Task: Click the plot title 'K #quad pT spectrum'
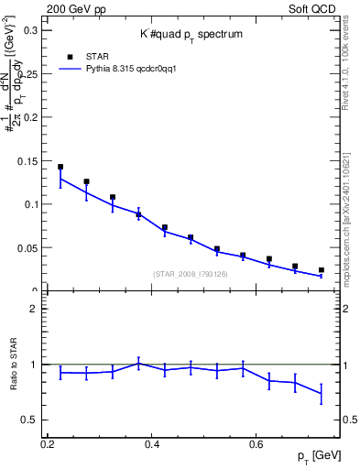191,34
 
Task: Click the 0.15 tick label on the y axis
27,161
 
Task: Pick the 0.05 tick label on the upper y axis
27,248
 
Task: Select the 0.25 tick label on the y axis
27,74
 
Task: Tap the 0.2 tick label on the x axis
48,444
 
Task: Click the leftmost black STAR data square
60,167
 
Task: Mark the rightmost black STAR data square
321,270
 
